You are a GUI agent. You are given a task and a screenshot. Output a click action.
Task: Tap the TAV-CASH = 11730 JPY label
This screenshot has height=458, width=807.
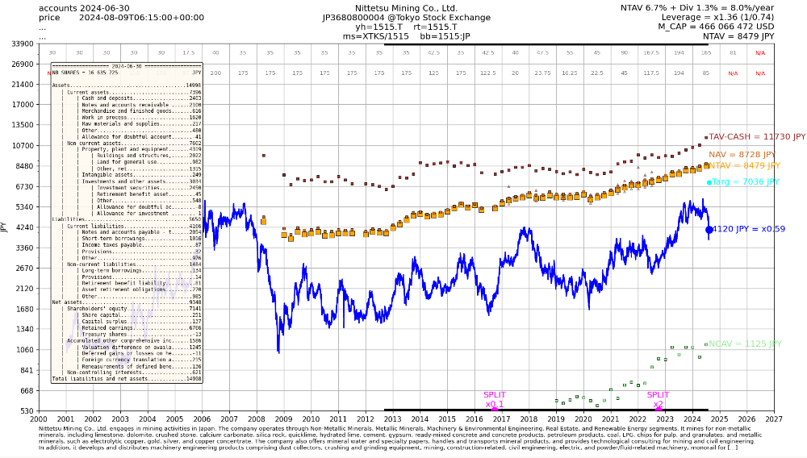[x=757, y=137]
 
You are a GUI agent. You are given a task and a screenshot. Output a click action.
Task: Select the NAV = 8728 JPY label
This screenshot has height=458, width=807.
[x=742, y=154]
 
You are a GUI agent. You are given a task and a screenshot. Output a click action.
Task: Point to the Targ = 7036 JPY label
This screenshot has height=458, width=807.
[x=746, y=182]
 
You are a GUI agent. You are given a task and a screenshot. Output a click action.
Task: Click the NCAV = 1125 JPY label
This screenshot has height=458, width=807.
[x=745, y=343]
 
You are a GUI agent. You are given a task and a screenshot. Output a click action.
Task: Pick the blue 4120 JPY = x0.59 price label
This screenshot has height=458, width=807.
[x=749, y=229]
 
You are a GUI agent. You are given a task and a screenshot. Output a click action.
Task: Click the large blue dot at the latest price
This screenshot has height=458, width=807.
[x=709, y=230]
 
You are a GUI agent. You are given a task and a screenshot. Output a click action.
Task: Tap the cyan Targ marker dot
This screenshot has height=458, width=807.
[x=709, y=182]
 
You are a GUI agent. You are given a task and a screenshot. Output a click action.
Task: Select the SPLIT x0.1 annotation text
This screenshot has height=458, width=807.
[x=495, y=399]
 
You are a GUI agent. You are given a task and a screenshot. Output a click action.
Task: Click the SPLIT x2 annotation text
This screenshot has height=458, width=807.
[x=658, y=399]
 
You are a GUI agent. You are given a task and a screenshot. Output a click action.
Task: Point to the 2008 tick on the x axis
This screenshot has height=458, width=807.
[x=256, y=419]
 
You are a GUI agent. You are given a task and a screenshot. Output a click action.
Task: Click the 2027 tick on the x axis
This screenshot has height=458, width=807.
[x=774, y=419]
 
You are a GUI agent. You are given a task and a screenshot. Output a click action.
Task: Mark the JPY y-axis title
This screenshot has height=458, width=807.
[x=4, y=227]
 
